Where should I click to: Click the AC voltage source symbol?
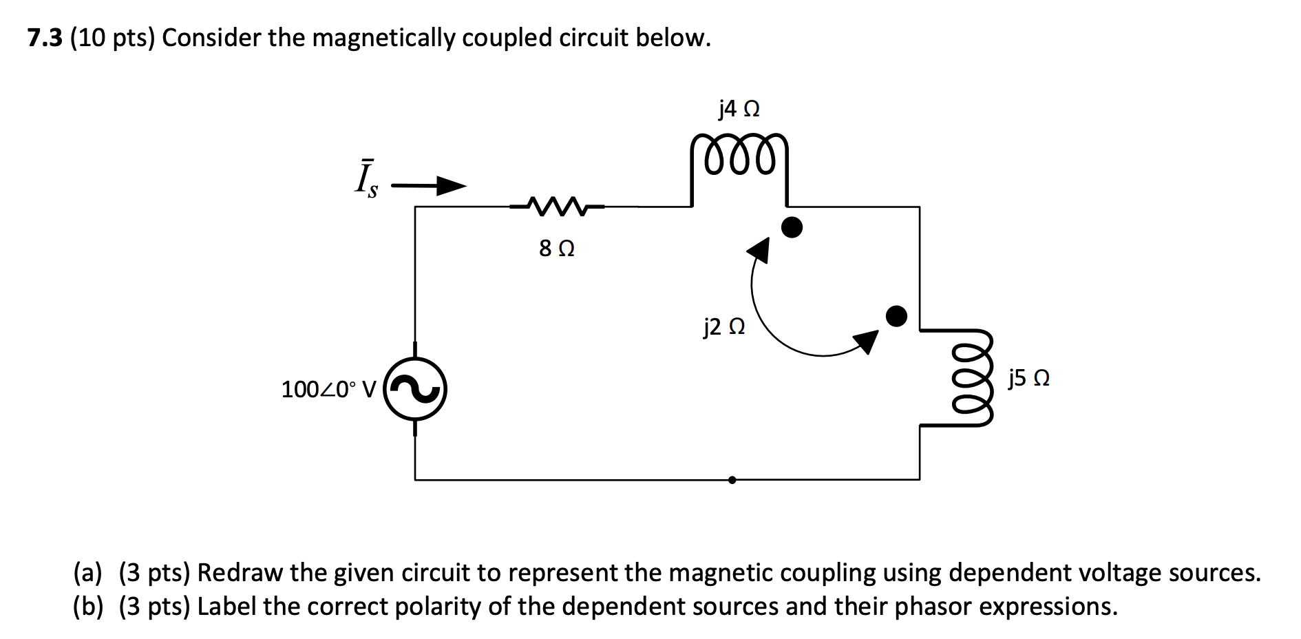(415, 390)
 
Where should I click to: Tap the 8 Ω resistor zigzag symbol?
(556, 206)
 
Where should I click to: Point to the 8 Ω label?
(556, 249)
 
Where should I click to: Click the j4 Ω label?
(739, 109)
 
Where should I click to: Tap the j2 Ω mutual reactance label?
(723, 326)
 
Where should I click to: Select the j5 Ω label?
(1028, 378)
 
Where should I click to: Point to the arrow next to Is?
(429, 185)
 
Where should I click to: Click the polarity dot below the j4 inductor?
(792, 227)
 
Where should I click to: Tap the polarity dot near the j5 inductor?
(896, 316)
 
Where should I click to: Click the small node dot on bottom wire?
(732, 480)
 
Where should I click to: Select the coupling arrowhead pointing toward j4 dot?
(759, 249)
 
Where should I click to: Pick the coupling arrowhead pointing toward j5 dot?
(867, 341)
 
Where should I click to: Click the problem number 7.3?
(45, 39)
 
